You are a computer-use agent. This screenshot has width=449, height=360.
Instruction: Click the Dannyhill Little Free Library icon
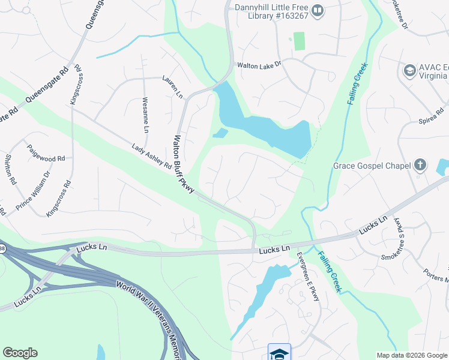point(318,10)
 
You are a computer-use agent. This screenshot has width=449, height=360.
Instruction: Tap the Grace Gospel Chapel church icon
point(420,165)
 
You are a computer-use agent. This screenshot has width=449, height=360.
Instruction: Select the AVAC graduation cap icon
point(410,71)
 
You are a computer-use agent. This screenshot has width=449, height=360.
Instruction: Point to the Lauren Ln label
point(172,86)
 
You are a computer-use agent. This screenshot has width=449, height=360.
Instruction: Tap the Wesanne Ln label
point(145,115)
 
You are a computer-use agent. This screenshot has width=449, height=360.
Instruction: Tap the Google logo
point(20,352)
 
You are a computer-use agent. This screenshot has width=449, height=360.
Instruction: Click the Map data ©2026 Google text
point(412,355)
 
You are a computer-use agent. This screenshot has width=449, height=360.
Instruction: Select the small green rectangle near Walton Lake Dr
point(298,41)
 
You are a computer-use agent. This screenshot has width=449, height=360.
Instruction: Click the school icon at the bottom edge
point(279,353)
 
